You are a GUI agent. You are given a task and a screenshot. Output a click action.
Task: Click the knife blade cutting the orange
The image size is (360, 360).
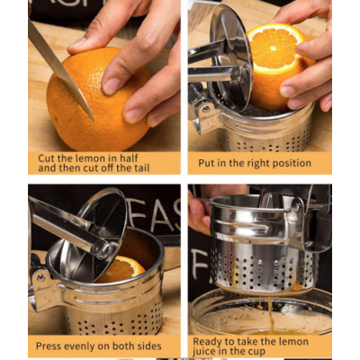[60, 69]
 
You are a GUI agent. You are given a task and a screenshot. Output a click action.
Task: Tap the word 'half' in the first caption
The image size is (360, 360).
[129, 158]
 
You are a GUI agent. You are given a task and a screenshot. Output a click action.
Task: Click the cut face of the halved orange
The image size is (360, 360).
[274, 48]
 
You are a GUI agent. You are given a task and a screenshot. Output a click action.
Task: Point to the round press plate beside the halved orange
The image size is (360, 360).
[231, 57]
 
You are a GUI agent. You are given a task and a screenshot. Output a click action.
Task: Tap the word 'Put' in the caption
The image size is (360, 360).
[205, 163]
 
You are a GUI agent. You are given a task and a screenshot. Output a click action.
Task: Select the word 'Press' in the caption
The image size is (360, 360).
[48, 346]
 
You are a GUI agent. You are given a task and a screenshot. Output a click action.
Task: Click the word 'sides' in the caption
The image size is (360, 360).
[149, 346]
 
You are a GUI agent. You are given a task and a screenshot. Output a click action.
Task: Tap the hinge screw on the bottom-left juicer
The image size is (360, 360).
[39, 277]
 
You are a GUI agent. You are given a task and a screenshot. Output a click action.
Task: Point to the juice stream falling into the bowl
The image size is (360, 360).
[271, 312]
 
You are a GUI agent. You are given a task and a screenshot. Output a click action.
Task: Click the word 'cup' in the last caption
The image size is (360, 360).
[256, 352]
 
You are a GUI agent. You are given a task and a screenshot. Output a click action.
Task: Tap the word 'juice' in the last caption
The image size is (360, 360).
[202, 352]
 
